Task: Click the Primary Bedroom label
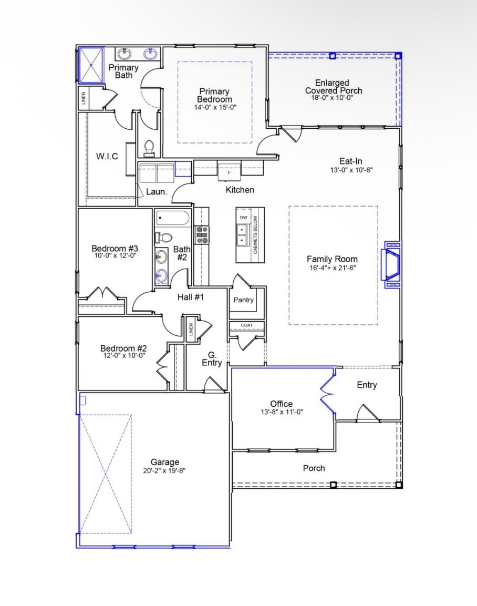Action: pos(214,95)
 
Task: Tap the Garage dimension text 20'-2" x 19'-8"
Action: pos(164,471)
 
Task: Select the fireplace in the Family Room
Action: pos(392,265)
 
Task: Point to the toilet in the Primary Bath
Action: pos(149,148)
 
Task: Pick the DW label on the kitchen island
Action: pos(243,217)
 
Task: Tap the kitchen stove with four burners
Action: pos(202,234)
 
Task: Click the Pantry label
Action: pos(243,300)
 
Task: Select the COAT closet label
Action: pos(246,325)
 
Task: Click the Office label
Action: pos(281,404)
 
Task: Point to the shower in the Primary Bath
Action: pos(91,65)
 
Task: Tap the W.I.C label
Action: pos(107,156)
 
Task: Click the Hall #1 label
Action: pos(190,297)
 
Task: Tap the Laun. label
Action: pos(157,192)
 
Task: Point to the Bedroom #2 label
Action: pos(123,348)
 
